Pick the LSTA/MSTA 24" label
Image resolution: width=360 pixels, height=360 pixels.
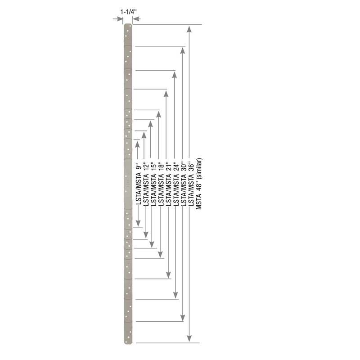175,185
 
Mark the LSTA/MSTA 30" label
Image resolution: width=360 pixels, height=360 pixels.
183,185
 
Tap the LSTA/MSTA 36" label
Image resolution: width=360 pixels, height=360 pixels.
190,185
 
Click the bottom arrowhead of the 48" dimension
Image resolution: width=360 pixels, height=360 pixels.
189,338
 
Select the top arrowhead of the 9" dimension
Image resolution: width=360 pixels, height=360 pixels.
137,144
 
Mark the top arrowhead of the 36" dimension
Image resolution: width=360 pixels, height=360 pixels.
182,50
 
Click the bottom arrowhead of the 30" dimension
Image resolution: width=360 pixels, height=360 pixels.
182,316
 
